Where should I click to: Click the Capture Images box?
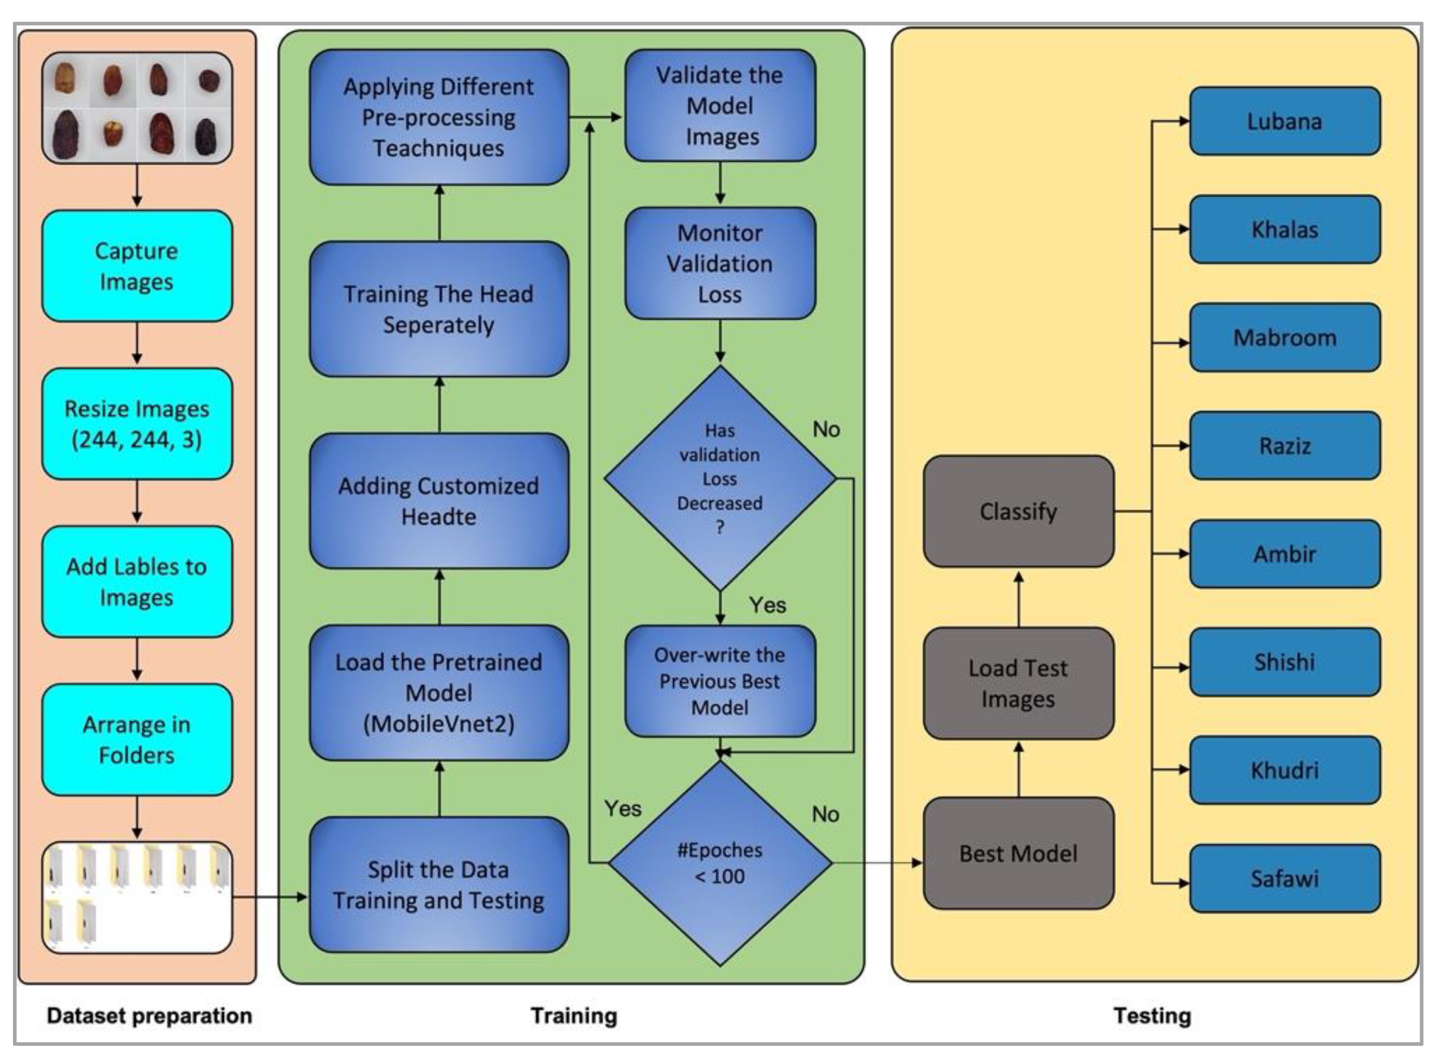pyautogui.click(x=136, y=266)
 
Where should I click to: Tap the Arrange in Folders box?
pyautogui.click(x=136, y=739)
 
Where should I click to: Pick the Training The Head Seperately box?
pyautogui.click(x=439, y=309)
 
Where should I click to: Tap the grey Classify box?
pyautogui.click(x=1018, y=511)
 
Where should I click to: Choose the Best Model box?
pyautogui.click(x=1018, y=853)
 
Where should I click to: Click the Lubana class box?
pyautogui.click(x=1284, y=121)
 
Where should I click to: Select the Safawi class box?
pyautogui.click(x=1284, y=878)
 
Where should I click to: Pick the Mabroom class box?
pyautogui.click(x=1284, y=338)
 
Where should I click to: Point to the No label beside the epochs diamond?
pyautogui.click(x=825, y=814)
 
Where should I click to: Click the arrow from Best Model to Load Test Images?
pyautogui.click(x=1019, y=769)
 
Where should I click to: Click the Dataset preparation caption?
pyautogui.click(x=149, y=1016)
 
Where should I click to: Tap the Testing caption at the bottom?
pyautogui.click(x=1152, y=1016)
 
